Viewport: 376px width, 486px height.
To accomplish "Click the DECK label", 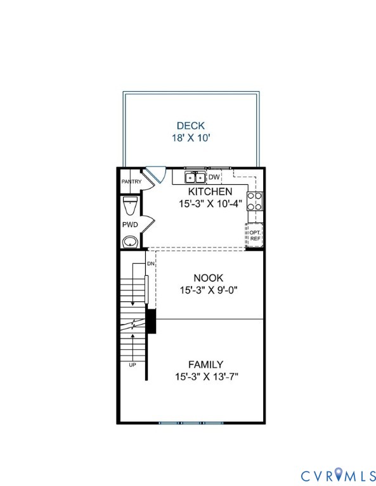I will pyautogui.click(x=190, y=125).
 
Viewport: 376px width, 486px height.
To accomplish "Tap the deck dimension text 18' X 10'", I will pyautogui.click(x=190, y=137).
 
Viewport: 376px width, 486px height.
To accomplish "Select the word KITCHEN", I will pyautogui.click(x=209, y=191).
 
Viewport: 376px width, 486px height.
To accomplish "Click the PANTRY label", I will pyautogui.click(x=131, y=182).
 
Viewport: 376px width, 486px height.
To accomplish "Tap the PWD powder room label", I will pyautogui.click(x=129, y=225).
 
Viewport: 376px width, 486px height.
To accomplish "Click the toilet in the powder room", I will pyautogui.click(x=130, y=207).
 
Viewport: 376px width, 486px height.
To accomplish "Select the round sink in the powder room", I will pyautogui.click(x=130, y=241).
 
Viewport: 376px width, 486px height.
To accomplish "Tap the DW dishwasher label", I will pyautogui.click(x=214, y=177).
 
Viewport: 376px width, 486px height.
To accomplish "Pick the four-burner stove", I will pyautogui.click(x=255, y=201).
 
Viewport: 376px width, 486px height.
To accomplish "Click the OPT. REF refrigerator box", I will pyautogui.click(x=254, y=235).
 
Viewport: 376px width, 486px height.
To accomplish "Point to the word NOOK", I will pyautogui.click(x=209, y=277).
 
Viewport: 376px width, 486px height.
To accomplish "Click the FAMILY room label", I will pyautogui.click(x=205, y=364).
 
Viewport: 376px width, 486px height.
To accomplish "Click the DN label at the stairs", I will pyautogui.click(x=150, y=263).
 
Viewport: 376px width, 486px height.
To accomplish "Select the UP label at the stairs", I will pyautogui.click(x=133, y=364).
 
